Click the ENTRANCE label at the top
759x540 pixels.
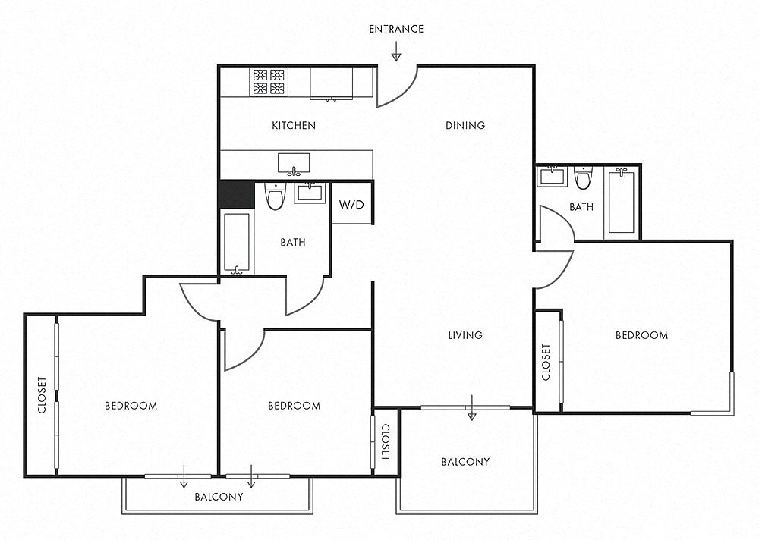396,29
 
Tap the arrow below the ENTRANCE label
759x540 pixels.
396,52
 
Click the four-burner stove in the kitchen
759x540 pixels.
269,81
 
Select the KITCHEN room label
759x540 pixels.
294,126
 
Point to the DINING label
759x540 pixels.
465,125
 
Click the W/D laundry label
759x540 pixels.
351,204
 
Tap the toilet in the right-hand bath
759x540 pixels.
583,178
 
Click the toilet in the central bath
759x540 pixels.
276,196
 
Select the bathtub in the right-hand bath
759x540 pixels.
622,200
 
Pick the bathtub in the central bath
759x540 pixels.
237,243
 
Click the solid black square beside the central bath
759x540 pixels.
236,194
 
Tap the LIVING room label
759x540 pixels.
465,334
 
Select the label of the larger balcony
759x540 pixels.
465,462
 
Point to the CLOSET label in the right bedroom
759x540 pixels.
546,362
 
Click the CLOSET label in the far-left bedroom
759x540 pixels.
42,395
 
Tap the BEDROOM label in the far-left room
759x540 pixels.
131,406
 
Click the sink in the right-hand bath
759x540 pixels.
552,176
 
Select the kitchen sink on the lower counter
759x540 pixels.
294,164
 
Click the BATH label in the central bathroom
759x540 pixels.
293,242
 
